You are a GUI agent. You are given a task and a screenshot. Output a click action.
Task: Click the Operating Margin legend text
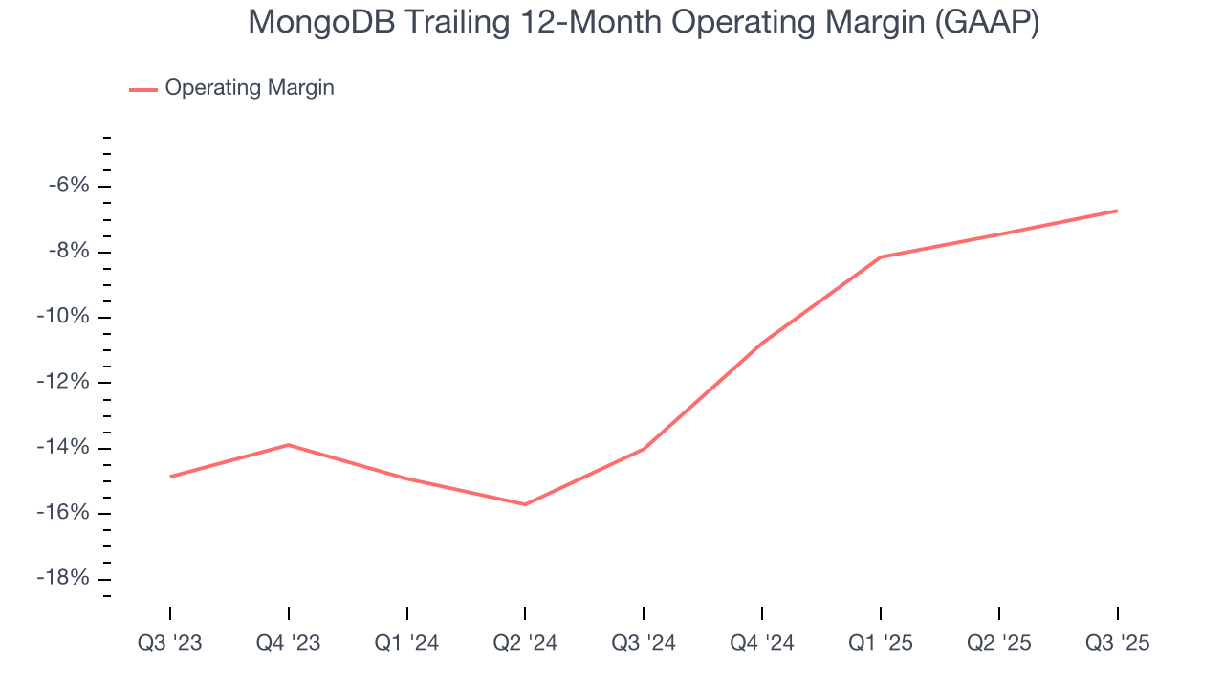pyautogui.click(x=250, y=88)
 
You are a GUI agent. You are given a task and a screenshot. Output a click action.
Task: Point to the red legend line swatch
pyautogui.click(x=143, y=89)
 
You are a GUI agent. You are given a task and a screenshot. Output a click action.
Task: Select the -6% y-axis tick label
pyautogui.click(x=68, y=186)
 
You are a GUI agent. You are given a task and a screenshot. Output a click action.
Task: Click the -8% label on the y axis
pyautogui.click(x=68, y=252)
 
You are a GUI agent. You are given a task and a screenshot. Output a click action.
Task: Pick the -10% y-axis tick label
pyautogui.click(x=63, y=317)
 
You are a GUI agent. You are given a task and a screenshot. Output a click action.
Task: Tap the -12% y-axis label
pyautogui.click(x=63, y=383)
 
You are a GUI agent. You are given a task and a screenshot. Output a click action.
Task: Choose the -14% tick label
pyautogui.click(x=63, y=448)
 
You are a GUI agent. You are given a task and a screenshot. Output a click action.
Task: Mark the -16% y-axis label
pyautogui.click(x=63, y=513)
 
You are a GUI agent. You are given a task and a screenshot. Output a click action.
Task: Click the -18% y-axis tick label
pyautogui.click(x=63, y=579)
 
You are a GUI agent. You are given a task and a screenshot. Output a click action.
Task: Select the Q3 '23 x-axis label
pyautogui.click(x=170, y=643)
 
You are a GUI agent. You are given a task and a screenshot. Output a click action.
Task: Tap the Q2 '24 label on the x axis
pyautogui.click(x=525, y=643)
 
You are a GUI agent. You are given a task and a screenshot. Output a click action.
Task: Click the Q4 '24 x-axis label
pyautogui.click(x=762, y=643)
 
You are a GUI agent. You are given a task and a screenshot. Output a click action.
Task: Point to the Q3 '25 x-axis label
pyautogui.click(x=1117, y=643)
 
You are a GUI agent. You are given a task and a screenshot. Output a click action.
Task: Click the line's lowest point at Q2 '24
pyautogui.click(x=525, y=504)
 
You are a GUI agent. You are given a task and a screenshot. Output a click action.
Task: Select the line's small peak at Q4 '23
pyautogui.click(x=288, y=444)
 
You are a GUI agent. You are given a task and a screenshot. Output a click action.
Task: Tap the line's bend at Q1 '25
pyautogui.click(x=881, y=256)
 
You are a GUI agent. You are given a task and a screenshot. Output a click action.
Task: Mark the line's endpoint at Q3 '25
pyautogui.click(x=1117, y=211)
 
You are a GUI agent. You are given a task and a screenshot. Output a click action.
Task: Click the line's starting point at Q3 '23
pyautogui.click(x=170, y=477)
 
